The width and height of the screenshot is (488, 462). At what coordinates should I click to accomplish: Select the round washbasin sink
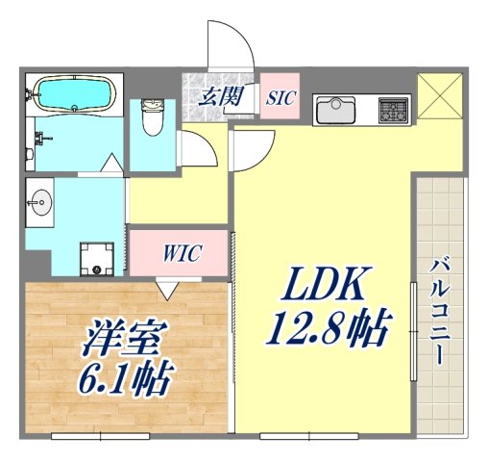pyautogui.click(x=41, y=201)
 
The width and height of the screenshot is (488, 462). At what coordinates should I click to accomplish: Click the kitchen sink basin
pyautogui.click(x=336, y=109)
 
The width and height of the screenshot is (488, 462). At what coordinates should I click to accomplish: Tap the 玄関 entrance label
pyautogui.click(x=219, y=95)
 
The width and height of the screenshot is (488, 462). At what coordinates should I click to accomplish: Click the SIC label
pyautogui.click(x=281, y=97)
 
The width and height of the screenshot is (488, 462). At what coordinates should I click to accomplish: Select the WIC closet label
pyautogui.click(x=180, y=254)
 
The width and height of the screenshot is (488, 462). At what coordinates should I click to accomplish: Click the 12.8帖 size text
pyautogui.click(x=326, y=330)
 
